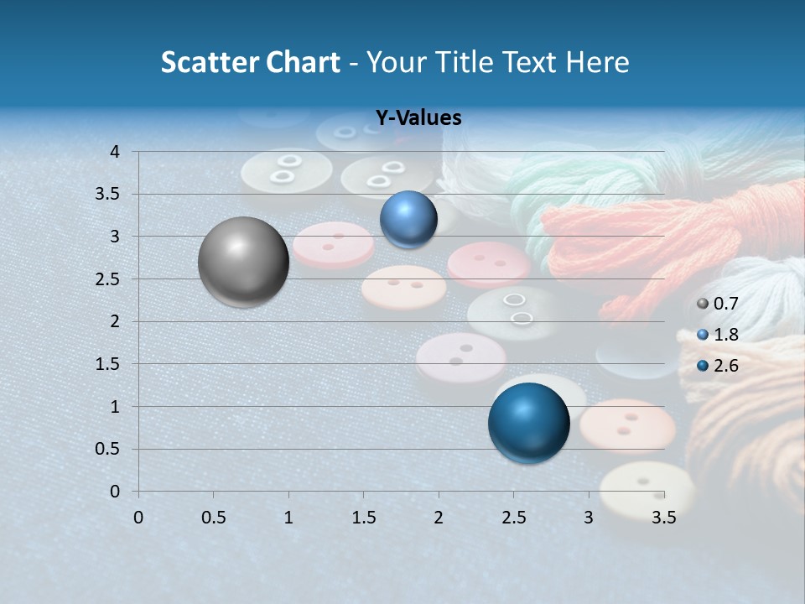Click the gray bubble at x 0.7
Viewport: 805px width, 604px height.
point(244,262)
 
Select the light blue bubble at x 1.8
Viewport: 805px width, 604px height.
point(408,219)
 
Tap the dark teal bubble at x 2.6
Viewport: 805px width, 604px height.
point(528,423)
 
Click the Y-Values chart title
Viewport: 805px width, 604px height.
point(418,118)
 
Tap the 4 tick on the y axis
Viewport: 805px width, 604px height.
point(116,152)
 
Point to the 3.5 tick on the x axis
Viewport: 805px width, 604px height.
point(664,518)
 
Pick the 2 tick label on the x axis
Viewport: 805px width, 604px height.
point(439,518)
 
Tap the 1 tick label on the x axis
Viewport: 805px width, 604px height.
point(288,518)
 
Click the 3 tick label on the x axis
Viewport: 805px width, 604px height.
point(589,518)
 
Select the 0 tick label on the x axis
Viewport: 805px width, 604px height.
point(138,518)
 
